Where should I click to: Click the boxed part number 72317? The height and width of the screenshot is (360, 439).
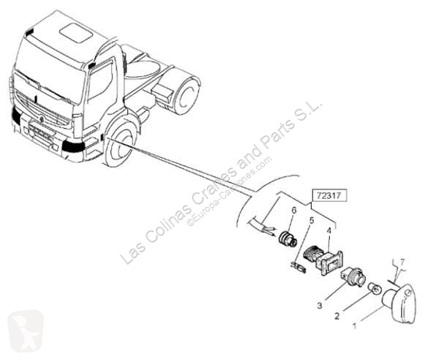(x=329, y=195)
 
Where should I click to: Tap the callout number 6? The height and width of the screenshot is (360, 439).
(x=293, y=210)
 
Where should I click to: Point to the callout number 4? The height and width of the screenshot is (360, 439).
(x=329, y=231)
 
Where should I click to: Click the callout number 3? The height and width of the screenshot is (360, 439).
(x=320, y=306)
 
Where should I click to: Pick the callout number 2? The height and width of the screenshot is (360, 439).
(x=337, y=316)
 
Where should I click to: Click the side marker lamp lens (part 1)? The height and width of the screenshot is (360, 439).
(x=399, y=304)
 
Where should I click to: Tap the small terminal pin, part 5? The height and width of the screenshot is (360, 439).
(x=299, y=268)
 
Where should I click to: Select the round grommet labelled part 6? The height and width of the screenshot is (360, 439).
(x=288, y=239)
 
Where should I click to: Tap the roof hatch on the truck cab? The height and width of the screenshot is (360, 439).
(x=76, y=33)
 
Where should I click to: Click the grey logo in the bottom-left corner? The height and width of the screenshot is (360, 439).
(x=25, y=331)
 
